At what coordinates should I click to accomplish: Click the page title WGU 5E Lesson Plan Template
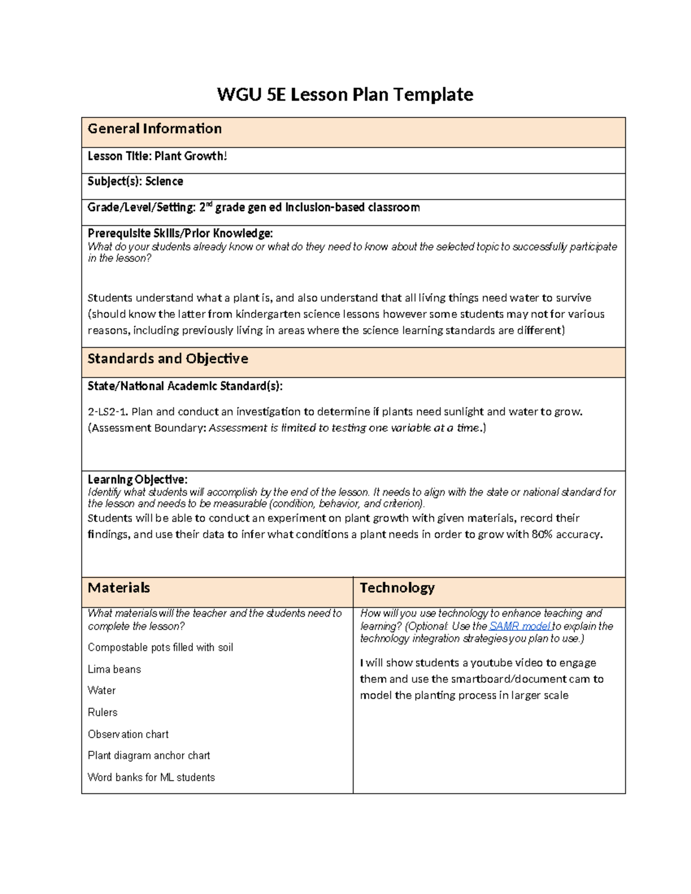point(345,94)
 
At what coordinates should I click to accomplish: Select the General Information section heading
point(154,129)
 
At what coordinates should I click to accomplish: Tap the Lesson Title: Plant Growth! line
point(157,156)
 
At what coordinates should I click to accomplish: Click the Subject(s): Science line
point(135,181)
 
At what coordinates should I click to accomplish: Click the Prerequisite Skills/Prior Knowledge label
point(180,233)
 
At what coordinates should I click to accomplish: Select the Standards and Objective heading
point(168,359)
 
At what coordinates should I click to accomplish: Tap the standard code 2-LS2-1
point(108,412)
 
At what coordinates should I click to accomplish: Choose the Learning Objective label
point(137,480)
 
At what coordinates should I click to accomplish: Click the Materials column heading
point(119,588)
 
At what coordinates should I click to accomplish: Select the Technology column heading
point(397,588)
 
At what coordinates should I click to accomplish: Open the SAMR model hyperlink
point(519,626)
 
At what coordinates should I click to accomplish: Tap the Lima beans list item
point(114,669)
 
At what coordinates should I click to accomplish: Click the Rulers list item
point(102,713)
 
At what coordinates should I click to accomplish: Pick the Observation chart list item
point(128,735)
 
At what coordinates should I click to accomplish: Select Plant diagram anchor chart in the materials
point(149,755)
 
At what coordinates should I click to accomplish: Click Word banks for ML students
point(151,777)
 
